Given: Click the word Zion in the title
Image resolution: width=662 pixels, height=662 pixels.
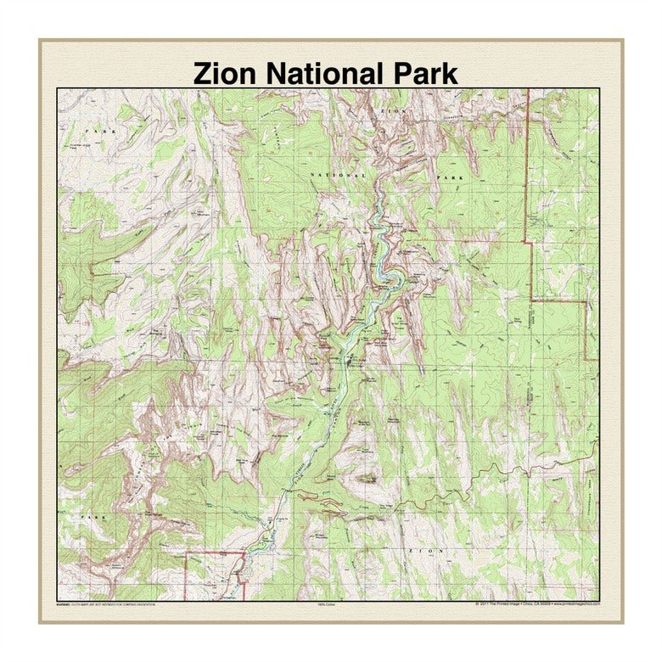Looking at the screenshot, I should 224,73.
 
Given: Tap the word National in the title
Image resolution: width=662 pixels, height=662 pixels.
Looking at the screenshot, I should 323,73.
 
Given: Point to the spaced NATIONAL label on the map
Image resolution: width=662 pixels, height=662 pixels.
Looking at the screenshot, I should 339,174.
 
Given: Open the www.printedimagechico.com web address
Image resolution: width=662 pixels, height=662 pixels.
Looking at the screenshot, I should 576,603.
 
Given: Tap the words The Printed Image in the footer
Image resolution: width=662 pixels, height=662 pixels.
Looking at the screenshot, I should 508,603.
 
